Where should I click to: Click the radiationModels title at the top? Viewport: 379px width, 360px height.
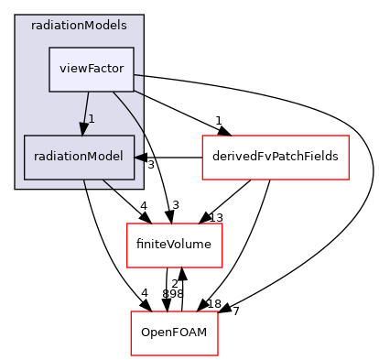79,25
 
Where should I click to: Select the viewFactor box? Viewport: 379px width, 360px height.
92,69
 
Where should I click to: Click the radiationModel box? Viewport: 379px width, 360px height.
79,157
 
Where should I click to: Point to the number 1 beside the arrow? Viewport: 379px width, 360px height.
92,119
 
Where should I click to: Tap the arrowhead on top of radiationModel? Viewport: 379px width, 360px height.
82,129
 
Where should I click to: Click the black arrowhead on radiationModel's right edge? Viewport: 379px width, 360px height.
140,158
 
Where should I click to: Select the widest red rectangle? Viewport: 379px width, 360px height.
275,158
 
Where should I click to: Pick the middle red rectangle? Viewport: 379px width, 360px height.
174,245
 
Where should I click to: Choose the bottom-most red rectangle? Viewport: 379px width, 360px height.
174,333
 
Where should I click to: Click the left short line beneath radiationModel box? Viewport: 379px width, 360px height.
84,184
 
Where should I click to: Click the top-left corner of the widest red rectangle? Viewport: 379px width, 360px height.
202,136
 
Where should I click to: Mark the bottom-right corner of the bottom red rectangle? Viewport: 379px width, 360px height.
218,355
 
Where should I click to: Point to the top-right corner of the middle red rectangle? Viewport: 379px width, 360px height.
222,224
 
